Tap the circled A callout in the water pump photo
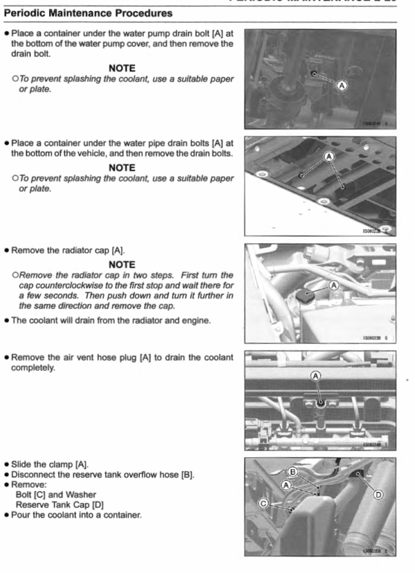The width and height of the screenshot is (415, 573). pos(340,85)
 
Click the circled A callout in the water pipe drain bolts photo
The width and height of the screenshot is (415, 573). pos(329,157)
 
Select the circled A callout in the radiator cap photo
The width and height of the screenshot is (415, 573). pos(335,285)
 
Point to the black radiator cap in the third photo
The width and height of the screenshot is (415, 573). pos(303,297)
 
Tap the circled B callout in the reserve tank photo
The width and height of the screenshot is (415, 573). pos(293,472)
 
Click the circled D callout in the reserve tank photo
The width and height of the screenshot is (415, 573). pos(378,494)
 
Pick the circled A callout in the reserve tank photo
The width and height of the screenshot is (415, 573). pos(285,485)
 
